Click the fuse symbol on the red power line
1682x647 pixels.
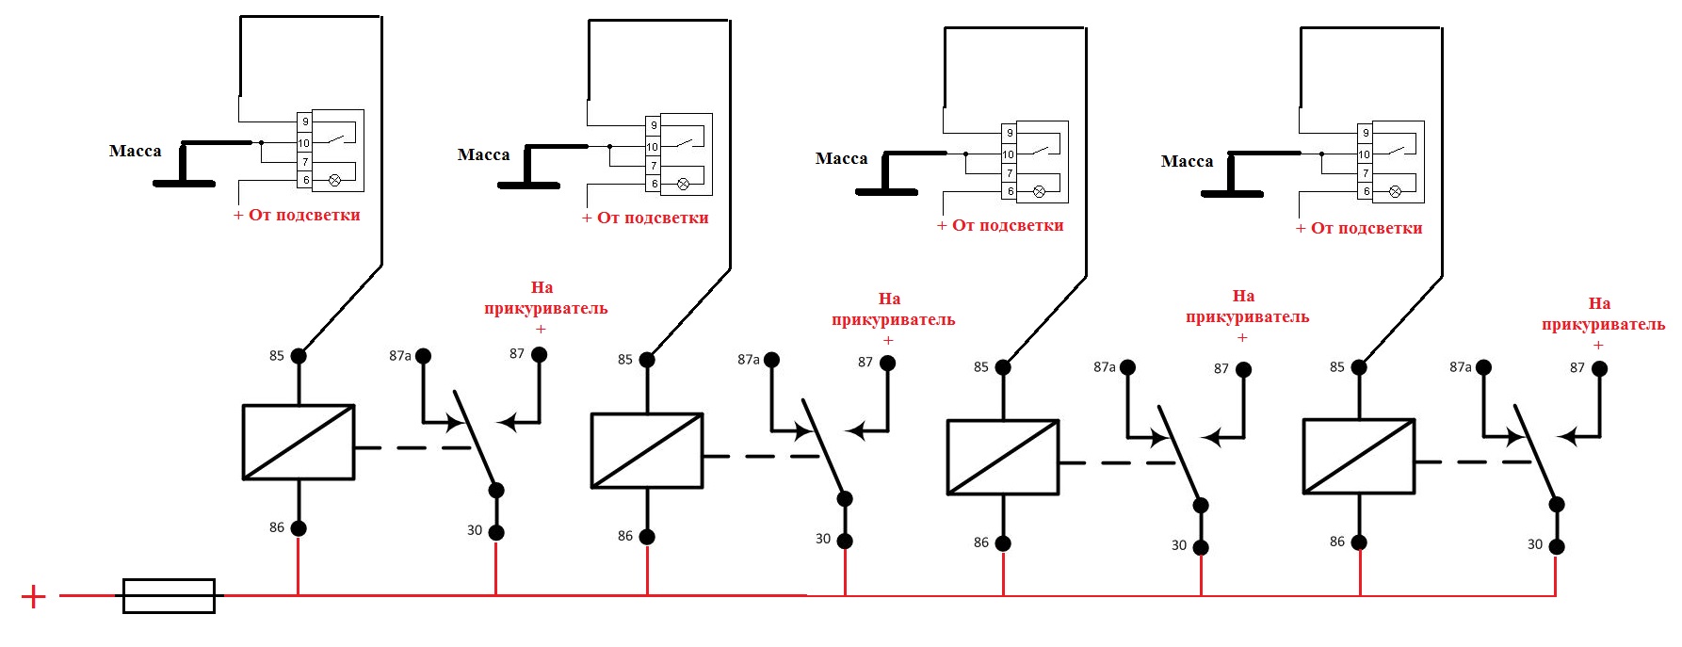pyautogui.click(x=170, y=595)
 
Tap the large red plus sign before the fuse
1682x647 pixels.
pyautogui.click(x=33, y=596)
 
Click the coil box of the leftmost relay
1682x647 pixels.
pyautogui.click(x=299, y=442)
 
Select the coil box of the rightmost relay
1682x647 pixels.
pyautogui.click(x=1359, y=456)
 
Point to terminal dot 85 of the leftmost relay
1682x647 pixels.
pyautogui.click(x=299, y=356)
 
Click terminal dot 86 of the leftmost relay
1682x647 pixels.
pyautogui.click(x=299, y=528)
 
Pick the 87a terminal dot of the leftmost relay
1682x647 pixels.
pyautogui.click(x=424, y=356)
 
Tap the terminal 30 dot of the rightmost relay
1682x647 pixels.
pyautogui.click(x=1557, y=546)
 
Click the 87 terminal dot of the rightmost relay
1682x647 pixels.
pyautogui.click(x=1599, y=368)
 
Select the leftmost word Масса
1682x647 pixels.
pyautogui.click(x=135, y=151)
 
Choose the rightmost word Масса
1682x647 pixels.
pyautogui.click(x=1187, y=161)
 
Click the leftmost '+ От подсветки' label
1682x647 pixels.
pyautogui.click(x=298, y=215)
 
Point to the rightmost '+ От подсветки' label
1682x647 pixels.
pyautogui.click(x=1359, y=228)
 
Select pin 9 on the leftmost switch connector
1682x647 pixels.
pyautogui.click(x=304, y=121)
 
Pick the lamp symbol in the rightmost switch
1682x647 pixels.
pyautogui.click(x=1395, y=191)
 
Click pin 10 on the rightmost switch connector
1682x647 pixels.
pyautogui.click(x=1364, y=154)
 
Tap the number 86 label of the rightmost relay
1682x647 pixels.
pyautogui.click(x=1337, y=542)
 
